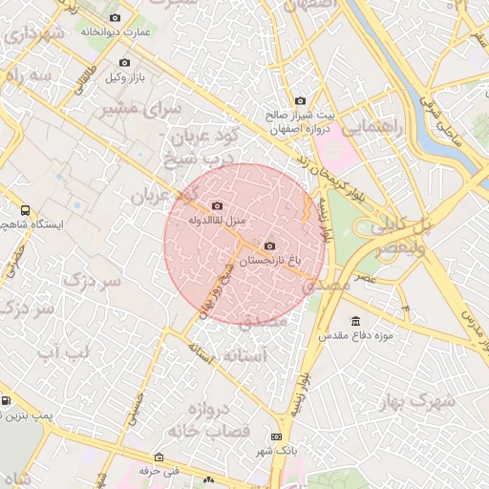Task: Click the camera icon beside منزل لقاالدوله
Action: click(217, 206)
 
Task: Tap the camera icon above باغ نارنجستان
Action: click(268, 245)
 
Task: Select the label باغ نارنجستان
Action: click(268, 260)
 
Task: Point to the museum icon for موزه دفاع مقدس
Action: click(356, 321)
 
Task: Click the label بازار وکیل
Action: click(125, 76)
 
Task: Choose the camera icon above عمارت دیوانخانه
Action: click(116, 18)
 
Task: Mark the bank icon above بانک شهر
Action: click(277, 437)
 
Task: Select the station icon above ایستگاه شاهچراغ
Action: click(24, 211)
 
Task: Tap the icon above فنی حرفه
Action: click(159, 457)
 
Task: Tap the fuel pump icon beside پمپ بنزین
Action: click(7, 401)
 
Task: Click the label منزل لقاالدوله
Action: click(217, 221)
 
